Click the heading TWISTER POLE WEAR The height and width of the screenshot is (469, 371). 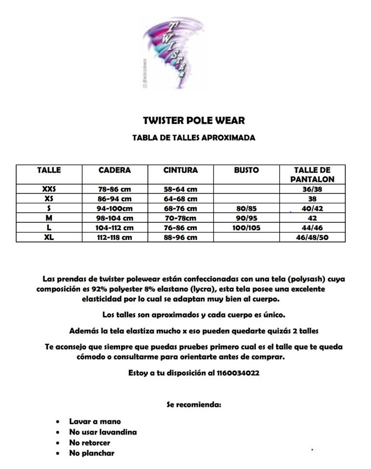pos(194,120)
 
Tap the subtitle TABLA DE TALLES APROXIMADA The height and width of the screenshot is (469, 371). pos(194,138)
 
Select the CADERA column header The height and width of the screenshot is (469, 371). pos(115,171)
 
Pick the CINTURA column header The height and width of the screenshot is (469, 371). pos(181,171)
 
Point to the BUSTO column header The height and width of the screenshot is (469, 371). pos(247,171)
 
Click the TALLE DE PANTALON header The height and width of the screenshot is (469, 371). pos(312,174)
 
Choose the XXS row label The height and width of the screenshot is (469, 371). pos(49,189)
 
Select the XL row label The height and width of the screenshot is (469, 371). pos(49,237)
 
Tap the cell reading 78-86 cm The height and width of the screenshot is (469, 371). pos(115,189)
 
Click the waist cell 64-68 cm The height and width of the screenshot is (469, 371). pos(181,199)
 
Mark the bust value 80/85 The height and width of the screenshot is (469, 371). pos(247,209)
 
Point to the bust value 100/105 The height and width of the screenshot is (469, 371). pos(247,228)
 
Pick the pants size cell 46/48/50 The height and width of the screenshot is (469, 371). pos(312,237)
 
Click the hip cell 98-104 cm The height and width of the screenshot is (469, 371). pos(115,218)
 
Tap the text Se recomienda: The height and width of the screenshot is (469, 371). pos(194,405)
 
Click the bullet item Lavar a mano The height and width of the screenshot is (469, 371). pos(95,421)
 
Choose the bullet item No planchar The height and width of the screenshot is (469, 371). pos(92,453)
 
